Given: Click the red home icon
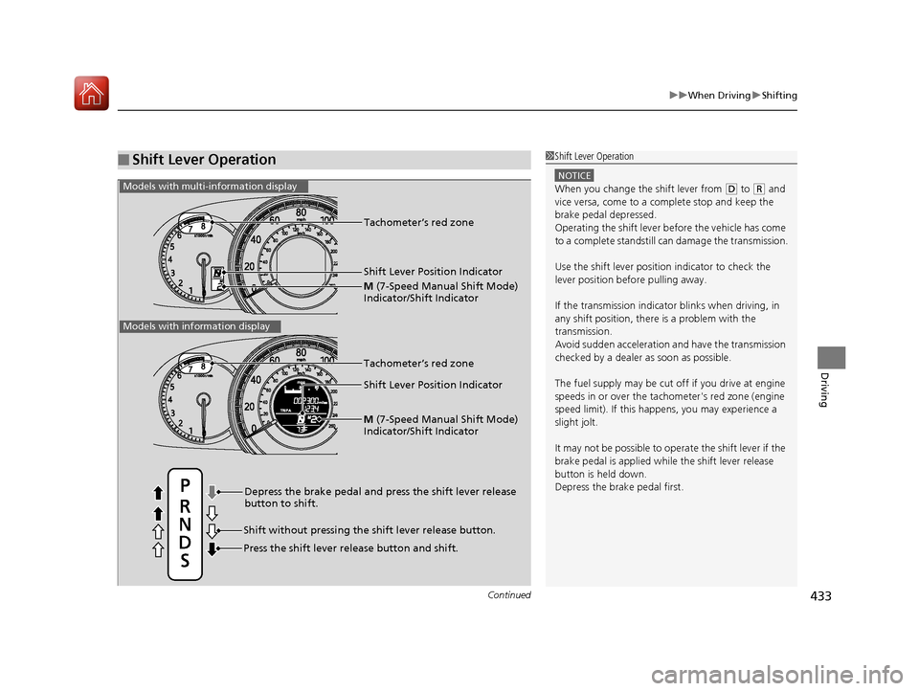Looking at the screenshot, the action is point(92,93).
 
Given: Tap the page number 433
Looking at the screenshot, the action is point(820,596).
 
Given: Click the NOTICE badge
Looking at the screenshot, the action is point(574,175).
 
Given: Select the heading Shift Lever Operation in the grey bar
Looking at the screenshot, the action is point(204,160).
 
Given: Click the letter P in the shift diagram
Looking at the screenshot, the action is point(185,486).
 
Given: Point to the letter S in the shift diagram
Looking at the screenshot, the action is point(185,561).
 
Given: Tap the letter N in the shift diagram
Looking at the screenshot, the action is point(185,524).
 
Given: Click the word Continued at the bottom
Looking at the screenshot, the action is point(508,595).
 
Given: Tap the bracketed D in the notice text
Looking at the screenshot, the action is point(730,189).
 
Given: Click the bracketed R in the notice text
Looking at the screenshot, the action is point(759,189).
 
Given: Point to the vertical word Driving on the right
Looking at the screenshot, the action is point(824,390).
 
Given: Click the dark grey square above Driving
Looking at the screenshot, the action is point(832,358).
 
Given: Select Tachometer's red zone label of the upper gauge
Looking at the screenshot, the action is point(418,222).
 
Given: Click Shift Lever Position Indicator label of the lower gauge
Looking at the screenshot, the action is point(433,385).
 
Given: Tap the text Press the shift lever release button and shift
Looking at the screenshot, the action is point(350,548).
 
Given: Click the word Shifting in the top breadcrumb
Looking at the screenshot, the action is point(779,95).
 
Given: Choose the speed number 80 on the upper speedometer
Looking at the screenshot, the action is point(301,212).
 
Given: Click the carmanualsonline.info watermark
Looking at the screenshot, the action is point(776,675).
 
